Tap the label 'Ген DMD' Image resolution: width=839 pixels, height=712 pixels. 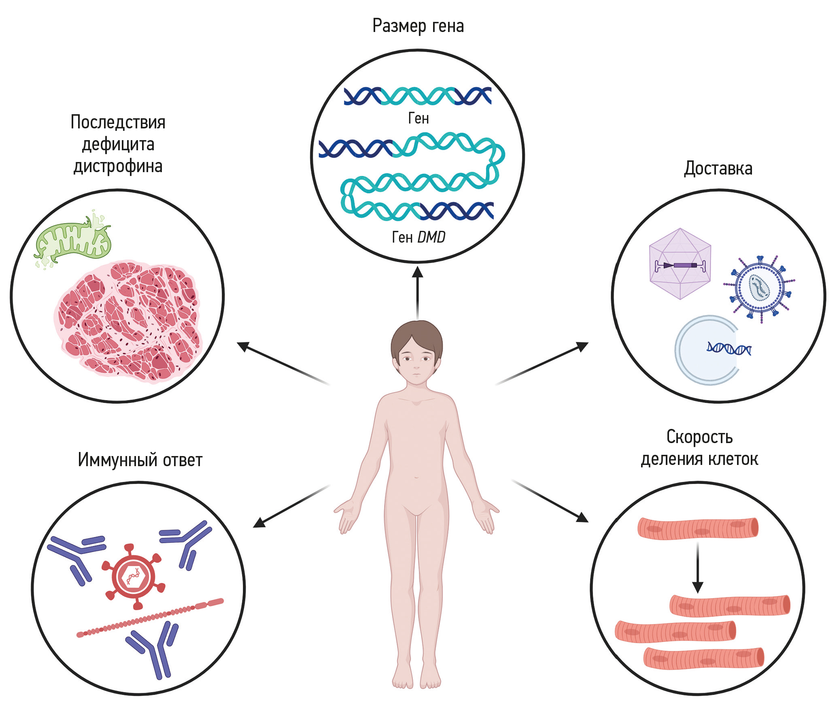[x=418, y=237]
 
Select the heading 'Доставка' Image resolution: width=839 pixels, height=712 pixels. [x=718, y=168]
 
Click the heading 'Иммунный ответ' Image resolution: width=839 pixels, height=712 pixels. [x=140, y=460]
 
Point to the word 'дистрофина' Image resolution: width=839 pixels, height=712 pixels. [x=118, y=166]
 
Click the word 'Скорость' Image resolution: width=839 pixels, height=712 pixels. [x=699, y=437]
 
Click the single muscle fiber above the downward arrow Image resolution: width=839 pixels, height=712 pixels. [x=698, y=529]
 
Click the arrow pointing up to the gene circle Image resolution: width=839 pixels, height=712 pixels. [x=417, y=292]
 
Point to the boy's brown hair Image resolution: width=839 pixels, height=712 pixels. [x=417, y=336]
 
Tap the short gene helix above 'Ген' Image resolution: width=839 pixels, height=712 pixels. [x=418, y=96]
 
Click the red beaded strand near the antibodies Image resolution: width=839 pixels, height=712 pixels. [x=150, y=618]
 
